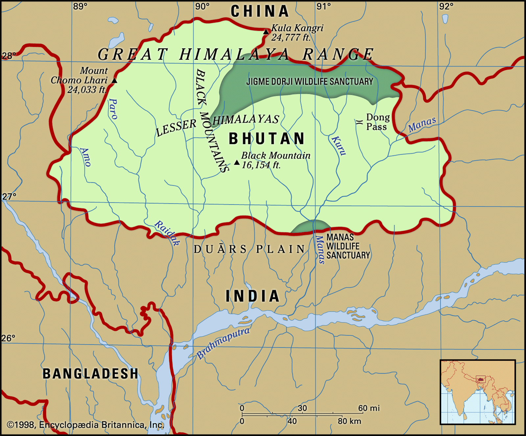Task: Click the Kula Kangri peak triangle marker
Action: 266,32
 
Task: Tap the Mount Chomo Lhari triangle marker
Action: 114,81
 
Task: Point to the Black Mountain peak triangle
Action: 237,162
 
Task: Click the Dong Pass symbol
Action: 359,122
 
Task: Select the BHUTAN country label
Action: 267,138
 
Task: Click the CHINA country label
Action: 260,12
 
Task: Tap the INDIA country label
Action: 252,296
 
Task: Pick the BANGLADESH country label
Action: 90,374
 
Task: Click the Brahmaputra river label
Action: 223,343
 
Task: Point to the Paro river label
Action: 113,109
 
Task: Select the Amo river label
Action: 85,157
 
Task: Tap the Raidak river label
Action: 167,233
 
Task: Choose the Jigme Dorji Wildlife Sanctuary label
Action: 310,82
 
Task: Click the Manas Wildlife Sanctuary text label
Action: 348,246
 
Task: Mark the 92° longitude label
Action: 446,6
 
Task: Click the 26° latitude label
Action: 8,338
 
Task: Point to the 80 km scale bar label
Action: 349,421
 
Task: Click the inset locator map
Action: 478,392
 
